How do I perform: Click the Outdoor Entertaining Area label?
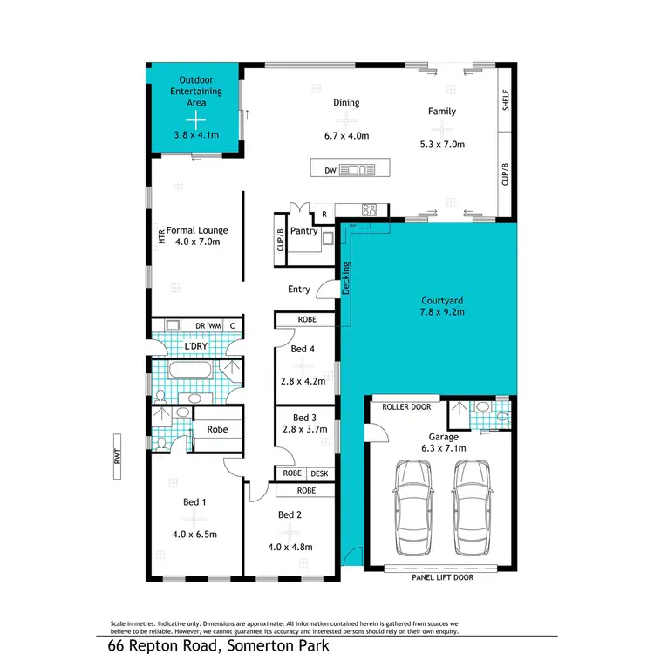tap(196, 92)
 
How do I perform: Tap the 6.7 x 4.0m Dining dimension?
tap(346, 136)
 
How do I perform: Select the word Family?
tap(441, 112)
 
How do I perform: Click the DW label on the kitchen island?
tap(330, 170)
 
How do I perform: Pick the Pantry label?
tap(303, 231)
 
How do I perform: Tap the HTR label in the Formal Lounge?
tap(161, 235)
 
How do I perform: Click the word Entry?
tap(298, 290)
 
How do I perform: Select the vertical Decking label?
tap(345, 278)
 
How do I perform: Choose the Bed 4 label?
tap(301, 350)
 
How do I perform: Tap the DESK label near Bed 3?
tap(319, 473)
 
